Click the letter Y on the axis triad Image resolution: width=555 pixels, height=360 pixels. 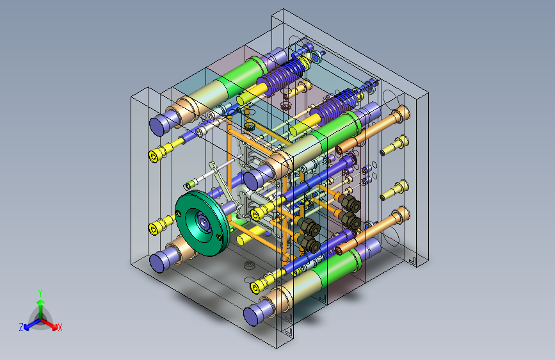click(x=40, y=293)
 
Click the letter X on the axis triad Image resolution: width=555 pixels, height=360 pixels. click(x=60, y=328)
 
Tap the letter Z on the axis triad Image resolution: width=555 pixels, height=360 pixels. click(x=21, y=327)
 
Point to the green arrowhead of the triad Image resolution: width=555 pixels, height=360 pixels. click(x=41, y=302)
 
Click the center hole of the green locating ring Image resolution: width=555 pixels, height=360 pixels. click(x=204, y=222)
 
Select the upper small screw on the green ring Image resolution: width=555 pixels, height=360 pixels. click(x=178, y=213)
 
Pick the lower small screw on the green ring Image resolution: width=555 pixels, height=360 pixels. click(x=220, y=237)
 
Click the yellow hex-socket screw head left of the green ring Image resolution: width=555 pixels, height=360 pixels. click(x=153, y=229)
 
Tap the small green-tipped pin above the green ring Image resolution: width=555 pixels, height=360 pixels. click(x=189, y=184)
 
